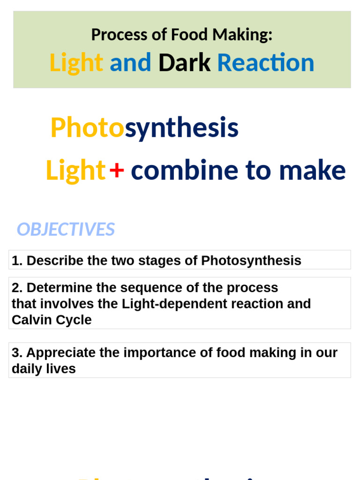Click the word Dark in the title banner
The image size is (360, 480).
184,63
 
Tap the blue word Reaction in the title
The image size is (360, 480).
265,63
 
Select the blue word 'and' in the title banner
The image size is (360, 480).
130,63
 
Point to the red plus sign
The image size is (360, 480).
117,170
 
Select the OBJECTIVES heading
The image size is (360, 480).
66,229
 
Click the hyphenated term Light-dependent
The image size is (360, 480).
170,304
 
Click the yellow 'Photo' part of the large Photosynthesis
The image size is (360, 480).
87,128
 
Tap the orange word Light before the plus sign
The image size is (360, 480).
75,170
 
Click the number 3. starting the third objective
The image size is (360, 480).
16,352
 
